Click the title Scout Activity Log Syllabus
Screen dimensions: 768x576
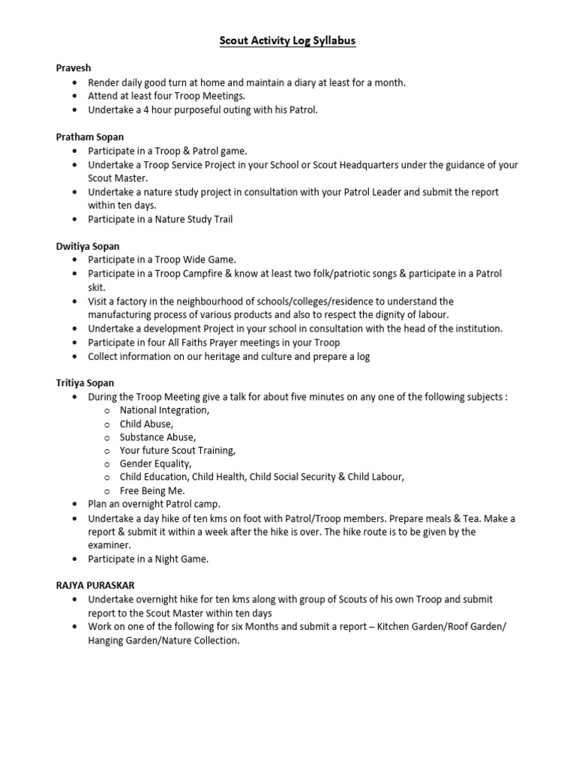tap(287, 41)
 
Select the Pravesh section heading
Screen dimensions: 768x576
tap(73, 68)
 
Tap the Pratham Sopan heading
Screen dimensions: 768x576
tap(90, 137)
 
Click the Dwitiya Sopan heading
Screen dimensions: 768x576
tap(88, 245)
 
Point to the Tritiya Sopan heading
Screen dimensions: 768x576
tap(85, 383)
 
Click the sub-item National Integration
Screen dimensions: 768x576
tap(164, 410)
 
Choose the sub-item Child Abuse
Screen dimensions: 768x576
tap(146, 424)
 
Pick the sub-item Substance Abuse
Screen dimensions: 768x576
tap(157, 437)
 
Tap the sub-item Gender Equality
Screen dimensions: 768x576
tap(155, 464)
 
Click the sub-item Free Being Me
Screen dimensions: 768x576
tap(152, 491)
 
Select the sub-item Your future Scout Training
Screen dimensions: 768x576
tap(177, 451)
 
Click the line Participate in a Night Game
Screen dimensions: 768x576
tap(148, 559)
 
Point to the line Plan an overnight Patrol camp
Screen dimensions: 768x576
tap(154, 505)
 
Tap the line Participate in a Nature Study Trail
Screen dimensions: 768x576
tap(160, 219)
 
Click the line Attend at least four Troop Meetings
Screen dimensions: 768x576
tap(166, 96)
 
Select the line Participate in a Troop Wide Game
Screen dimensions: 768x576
tap(162, 259)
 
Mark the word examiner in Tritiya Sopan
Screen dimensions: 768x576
tap(109, 545)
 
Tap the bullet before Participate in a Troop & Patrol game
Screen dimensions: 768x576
tap(76, 151)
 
